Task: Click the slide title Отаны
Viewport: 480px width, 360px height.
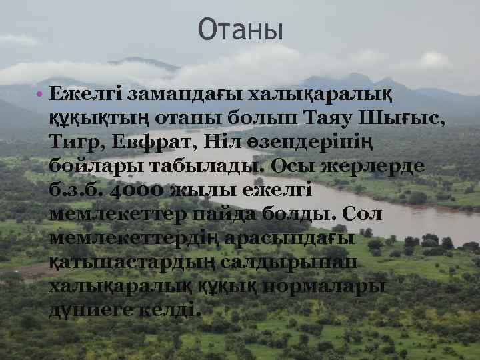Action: [x=240, y=30]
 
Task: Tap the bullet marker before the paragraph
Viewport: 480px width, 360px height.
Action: [x=40, y=93]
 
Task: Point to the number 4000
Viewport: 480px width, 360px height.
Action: [x=131, y=190]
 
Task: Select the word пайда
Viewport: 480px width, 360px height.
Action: [x=226, y=214]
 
